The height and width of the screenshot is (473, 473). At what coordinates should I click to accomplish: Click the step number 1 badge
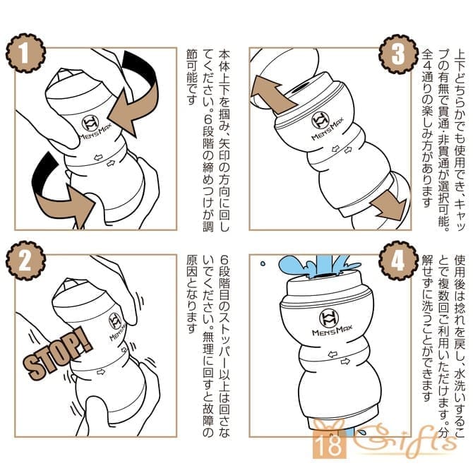pos(26,54)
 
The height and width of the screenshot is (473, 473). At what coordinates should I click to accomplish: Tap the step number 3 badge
pos(399,54)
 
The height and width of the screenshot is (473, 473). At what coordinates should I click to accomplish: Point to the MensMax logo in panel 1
pos(93,128)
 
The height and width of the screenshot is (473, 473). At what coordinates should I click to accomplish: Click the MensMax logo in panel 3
pos(325,125)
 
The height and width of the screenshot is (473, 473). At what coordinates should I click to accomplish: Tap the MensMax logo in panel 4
pos(331,322)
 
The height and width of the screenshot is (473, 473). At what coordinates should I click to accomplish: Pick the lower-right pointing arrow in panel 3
pos(390,205)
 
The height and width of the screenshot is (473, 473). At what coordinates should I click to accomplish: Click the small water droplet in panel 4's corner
pos(263,263)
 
